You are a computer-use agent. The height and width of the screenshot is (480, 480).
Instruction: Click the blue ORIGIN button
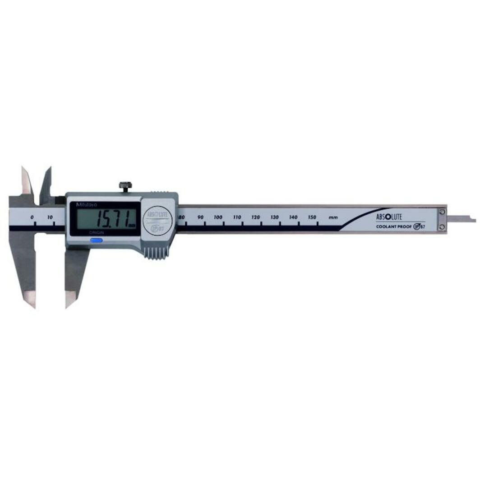[x=97, y=240]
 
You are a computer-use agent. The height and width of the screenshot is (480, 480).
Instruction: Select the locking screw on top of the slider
[x=125, y=185]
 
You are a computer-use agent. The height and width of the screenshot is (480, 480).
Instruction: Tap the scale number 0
[x=32, y=217]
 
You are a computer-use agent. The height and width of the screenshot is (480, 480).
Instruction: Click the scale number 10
[x=50, y=217]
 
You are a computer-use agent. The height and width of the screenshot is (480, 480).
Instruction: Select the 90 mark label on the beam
[x=201, y=217]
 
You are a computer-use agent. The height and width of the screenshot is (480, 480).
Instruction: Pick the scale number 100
[x=218, y=217]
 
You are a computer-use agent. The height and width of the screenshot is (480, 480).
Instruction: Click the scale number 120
[x=256, y=217]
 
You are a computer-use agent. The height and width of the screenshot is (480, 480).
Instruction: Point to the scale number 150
[x=312, y=217]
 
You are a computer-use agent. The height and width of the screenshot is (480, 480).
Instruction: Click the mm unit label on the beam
[x=333, y=218]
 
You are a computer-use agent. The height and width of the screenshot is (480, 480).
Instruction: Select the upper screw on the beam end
[x=442, y=212]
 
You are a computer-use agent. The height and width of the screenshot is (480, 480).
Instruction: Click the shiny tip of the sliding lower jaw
[x=70, y=299]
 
